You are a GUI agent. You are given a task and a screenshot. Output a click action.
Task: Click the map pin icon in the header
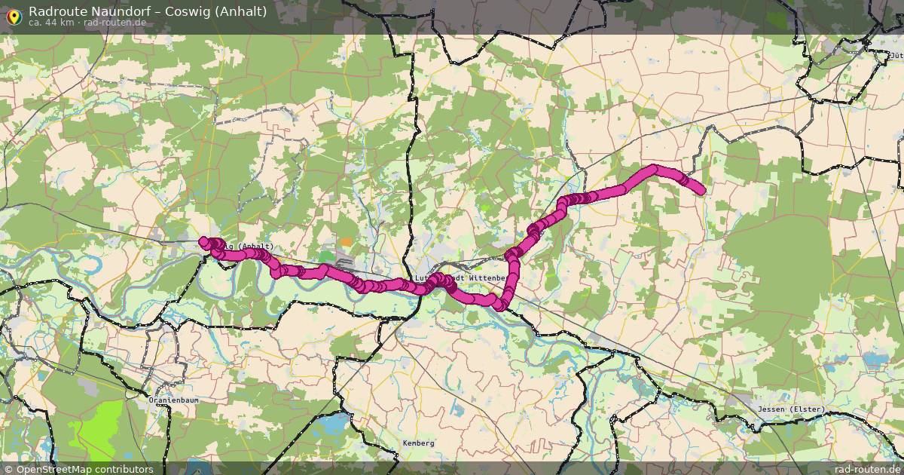click(x=14, y=15)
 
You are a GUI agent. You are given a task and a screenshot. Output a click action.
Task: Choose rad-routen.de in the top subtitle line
click(x=114, y=23)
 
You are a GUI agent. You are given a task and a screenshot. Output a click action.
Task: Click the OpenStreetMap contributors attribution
click(x=84, y=469)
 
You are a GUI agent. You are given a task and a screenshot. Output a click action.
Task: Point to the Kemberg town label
click(x=418, y=443)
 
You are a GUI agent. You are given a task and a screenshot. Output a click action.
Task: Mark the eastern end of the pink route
click(x=701, y=190)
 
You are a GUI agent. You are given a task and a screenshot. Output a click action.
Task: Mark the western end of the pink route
click(x=203, y=241)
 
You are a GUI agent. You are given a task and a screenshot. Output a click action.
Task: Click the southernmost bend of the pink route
click(x=499, y=305)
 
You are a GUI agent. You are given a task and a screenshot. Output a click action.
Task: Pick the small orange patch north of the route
click(x=346, y=242)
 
